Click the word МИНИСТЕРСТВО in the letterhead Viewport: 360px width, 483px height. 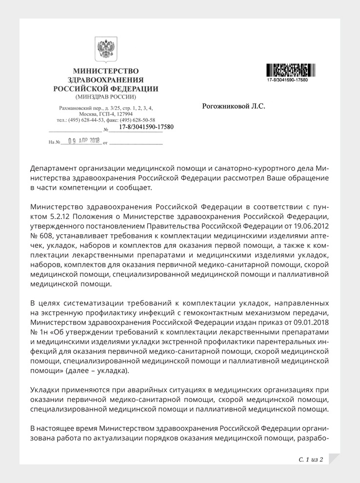tap(105, 71)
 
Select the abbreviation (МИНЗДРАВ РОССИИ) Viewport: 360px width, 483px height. tap(105, 97)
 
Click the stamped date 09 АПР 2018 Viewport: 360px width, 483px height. tap(84, 141)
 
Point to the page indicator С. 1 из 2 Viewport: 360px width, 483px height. tap(311, 459)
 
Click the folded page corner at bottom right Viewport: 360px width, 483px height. tap(334, 459)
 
